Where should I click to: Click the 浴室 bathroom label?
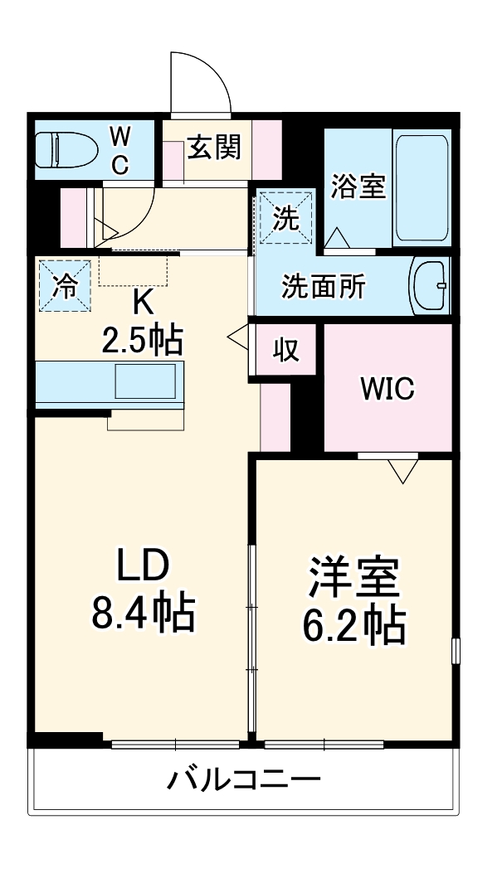click(x=358, y=187)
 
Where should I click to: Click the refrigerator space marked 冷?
click(x=64, y=285)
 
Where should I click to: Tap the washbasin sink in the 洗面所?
click(x=431, y=286)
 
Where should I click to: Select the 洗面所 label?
click(x=323, y=287)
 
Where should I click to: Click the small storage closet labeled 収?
click(x=285, y=350)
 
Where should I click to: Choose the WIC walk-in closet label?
click(x=386, y=388)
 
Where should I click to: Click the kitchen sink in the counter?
click(x=144, y=382)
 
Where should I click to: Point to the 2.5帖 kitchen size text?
click(x=143, y=339)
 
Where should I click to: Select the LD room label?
click(x=142, y=567)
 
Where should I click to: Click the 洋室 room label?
click(x=353, y=579)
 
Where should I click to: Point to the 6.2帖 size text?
click(x=353, y=627)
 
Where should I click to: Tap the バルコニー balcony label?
click(x=244, y=780)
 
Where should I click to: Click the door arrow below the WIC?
click(x=404, y=471)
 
